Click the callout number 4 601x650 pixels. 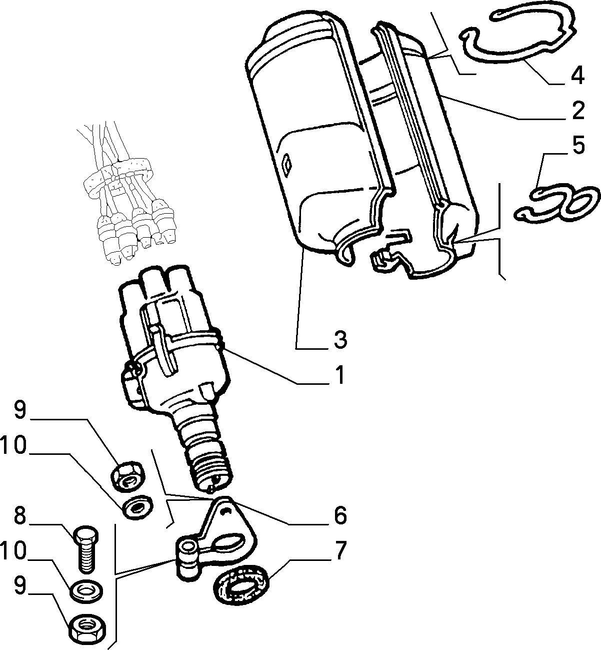[x=577, y=76]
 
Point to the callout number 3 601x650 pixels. [x=340, y=340]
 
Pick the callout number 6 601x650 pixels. [x=340, y=515]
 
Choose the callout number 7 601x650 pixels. [x=340, y=551]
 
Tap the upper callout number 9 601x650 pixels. [x=20, y=410]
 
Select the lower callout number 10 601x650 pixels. [x=13, y=551]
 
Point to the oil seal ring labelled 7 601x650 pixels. [x=241, y=586]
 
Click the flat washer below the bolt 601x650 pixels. [x=86, y=591]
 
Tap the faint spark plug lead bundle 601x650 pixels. [x=127, y=193]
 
